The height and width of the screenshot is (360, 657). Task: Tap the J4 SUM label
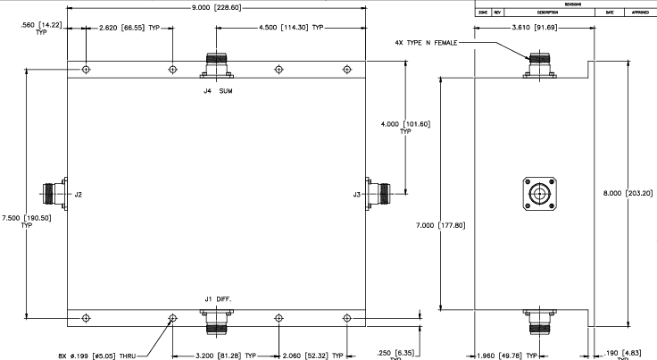pyautogui.click(x=218, y=90)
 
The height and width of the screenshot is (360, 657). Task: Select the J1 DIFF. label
pyautogui.click(x=217, y=297)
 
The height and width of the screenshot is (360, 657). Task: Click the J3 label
pyautogui.click(x=357, y=194)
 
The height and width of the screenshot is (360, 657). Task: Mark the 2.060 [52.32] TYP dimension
pyautogui.click(x=312, y=354)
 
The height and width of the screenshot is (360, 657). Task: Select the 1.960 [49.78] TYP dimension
pyautogui.click(x=496, y=354)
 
